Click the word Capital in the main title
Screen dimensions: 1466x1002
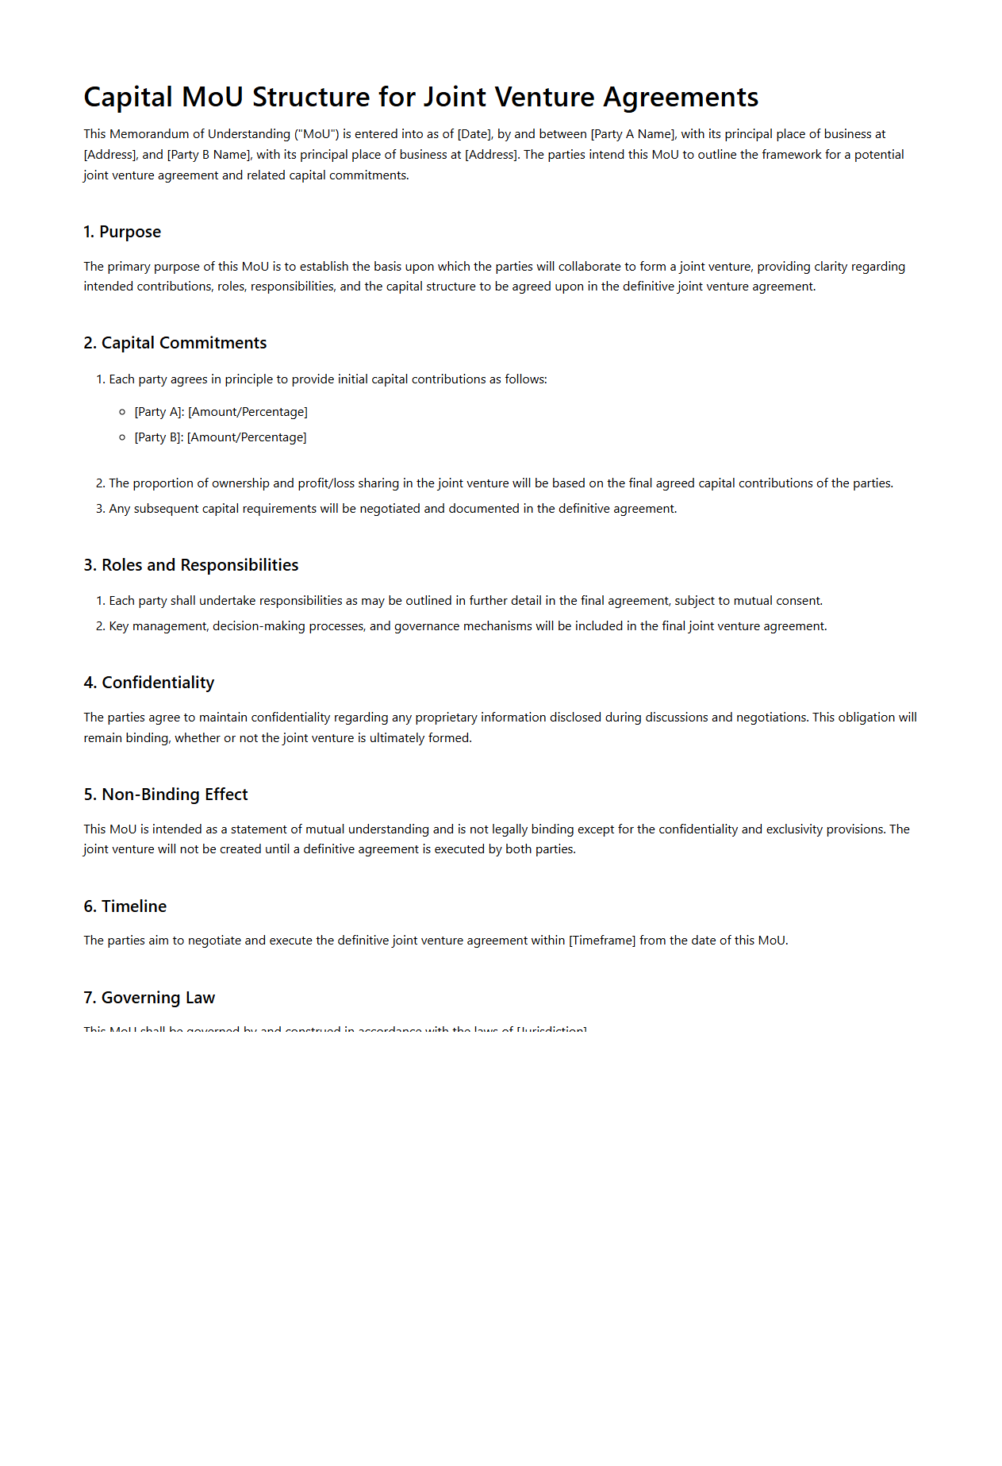[x=128, y=98]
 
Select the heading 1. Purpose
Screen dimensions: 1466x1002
[x=122, y=232]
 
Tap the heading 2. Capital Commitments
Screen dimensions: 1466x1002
[x=175, y=343]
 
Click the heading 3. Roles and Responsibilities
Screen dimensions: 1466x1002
[x=190, y=565]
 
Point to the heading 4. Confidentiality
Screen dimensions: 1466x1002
[x=148, y=683]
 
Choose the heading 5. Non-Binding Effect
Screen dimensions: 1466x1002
[x=165, y=795]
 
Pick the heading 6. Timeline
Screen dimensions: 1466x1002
[x=125, y=906]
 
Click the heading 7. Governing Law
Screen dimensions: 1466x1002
[x=149, y=998]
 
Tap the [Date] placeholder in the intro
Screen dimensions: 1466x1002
[x=474, y=134]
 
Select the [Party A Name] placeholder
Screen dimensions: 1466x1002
[x=632, y=134]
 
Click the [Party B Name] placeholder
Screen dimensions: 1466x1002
[x=209, y=155]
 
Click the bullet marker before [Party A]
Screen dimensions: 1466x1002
[x=122, y=412]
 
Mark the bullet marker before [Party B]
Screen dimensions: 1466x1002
[x=122, y=437]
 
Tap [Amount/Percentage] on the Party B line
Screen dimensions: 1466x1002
[x=247, y=437]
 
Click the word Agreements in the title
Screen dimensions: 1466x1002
[x=681, y=98]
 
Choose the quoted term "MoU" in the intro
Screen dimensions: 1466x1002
[x=317, y=134]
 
